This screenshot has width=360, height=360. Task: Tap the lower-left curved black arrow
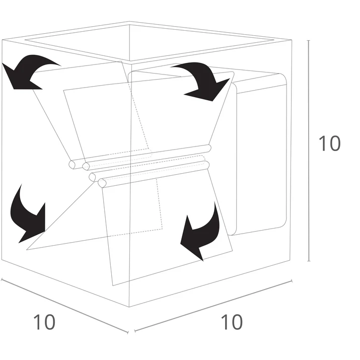25,218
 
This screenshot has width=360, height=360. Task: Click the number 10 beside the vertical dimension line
329,143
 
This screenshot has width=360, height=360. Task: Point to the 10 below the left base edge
44,322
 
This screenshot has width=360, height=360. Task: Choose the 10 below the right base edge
232,322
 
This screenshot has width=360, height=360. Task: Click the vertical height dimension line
309,151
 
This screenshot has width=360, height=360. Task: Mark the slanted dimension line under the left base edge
64,306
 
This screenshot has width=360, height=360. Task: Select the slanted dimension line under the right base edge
213,306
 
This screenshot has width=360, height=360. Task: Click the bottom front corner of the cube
129,307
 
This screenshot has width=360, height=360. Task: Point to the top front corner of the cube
130,61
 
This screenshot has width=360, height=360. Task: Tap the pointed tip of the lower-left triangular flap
27,250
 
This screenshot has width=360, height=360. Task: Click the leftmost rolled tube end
73,165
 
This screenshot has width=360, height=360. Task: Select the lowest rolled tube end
102,183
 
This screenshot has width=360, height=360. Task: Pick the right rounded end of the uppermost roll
208,148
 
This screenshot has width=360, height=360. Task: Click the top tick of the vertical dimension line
309,40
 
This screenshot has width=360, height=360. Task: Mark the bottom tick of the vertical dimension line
309,261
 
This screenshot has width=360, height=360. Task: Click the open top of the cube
149,42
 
